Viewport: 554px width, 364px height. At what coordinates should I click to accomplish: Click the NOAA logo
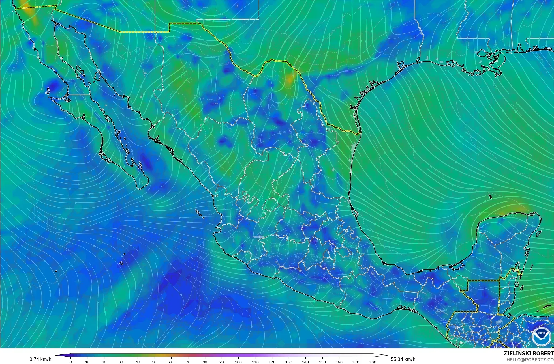(x=541, y=337)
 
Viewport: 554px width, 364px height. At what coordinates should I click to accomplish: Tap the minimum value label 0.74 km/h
(x=40, y=359)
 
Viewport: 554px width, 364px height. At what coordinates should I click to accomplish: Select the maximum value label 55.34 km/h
(x=403, y=359)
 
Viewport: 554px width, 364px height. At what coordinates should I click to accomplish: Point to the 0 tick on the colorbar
(x=71, y=362)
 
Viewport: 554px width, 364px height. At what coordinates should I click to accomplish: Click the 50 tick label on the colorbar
(x=155, y=362)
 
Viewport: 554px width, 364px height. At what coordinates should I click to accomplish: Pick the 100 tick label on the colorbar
(x=238, y=362)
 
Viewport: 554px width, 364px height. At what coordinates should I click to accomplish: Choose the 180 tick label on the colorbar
(x=373, y=362)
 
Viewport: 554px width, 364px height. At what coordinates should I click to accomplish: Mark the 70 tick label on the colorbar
(x=188, y=362)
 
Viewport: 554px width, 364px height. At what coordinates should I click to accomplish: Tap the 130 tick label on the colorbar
(x=289, y=362)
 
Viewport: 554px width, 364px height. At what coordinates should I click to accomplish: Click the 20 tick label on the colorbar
(x=104, y=362)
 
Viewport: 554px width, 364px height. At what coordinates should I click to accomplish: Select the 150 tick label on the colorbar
(x=322, y=362)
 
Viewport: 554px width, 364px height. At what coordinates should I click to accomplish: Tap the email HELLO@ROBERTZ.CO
(x=530, y=359)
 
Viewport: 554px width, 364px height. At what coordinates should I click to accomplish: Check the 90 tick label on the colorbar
(x=222, y=362)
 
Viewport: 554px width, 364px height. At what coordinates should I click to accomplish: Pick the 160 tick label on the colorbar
(x=339, y=362)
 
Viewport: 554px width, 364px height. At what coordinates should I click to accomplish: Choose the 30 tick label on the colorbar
(x=121, y=362)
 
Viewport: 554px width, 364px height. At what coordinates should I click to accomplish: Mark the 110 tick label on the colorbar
(x=255, y=362)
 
